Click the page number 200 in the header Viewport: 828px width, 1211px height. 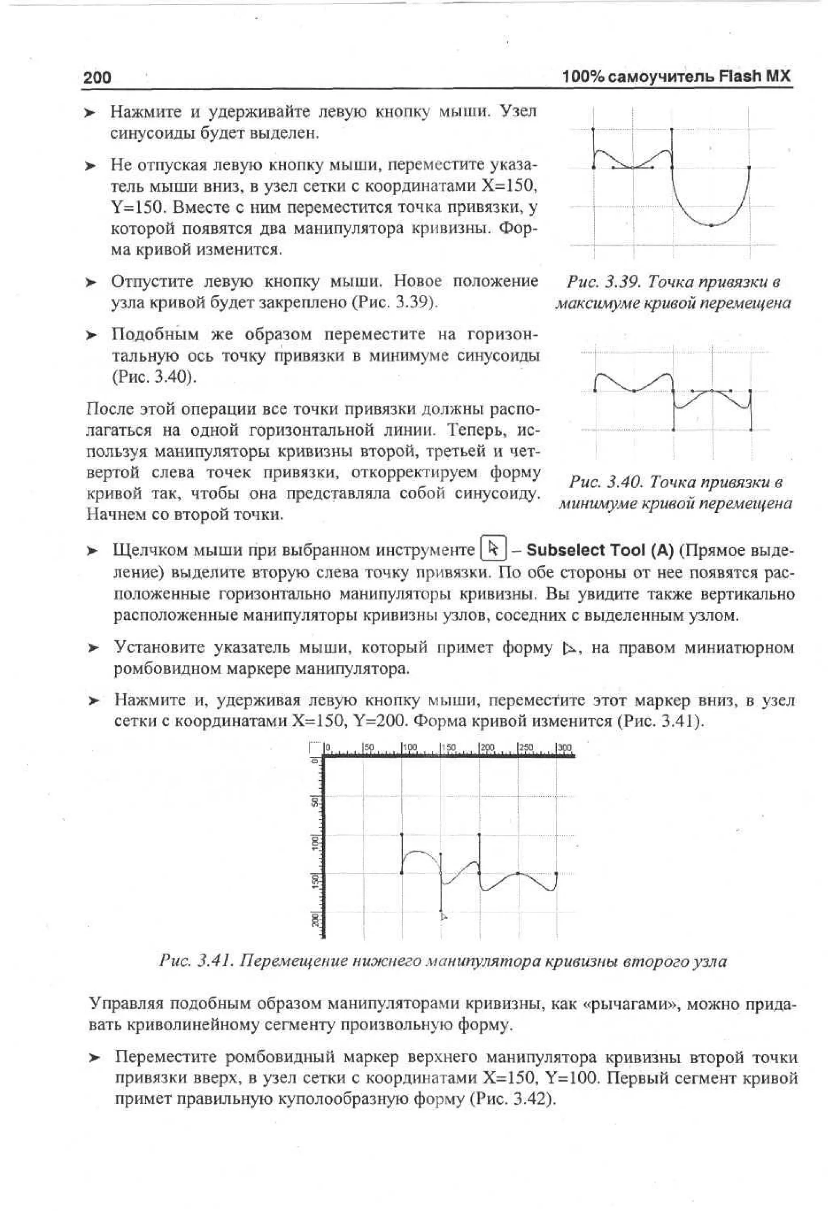(97, 78)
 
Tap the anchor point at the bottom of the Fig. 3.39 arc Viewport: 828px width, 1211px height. (711, 225)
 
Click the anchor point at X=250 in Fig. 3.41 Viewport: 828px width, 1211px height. (518, 873)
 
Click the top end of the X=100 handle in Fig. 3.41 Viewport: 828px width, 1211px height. (401, 834)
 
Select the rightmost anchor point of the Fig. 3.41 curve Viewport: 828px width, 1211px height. (556, 873)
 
